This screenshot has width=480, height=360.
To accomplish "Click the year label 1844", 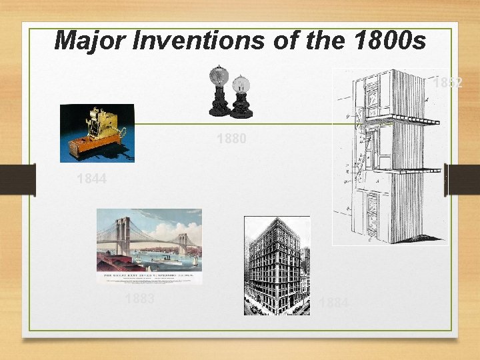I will (x=91, y=179).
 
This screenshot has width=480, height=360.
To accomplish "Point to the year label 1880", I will (x=231, y=139).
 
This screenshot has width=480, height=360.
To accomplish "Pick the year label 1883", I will (x=139, y=299).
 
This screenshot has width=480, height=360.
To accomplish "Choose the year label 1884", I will (x=333, y=303).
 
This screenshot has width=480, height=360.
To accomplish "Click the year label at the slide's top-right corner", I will (x=447, y=83).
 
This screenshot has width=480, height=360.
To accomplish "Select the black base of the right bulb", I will (x=241, y=107).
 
